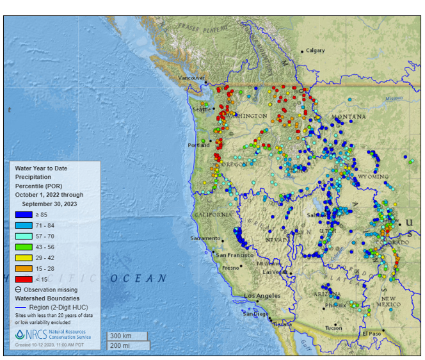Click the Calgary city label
[x=316, y=51]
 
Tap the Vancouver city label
[x=191, y=78]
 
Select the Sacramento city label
[x=205, y=238]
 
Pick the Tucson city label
[x=333, y=327]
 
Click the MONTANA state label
[x=348, y=117]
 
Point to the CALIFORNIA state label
[x=213, y=215]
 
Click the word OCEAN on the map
[x=138, y=279]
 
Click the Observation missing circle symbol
[x=19, y=289]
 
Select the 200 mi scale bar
[x=127, y=346]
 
